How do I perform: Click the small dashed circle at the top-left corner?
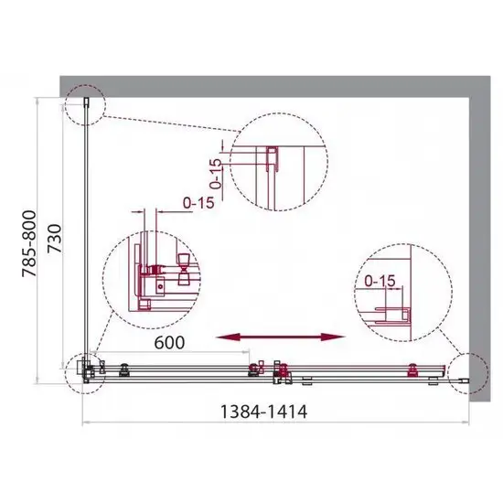86,104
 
